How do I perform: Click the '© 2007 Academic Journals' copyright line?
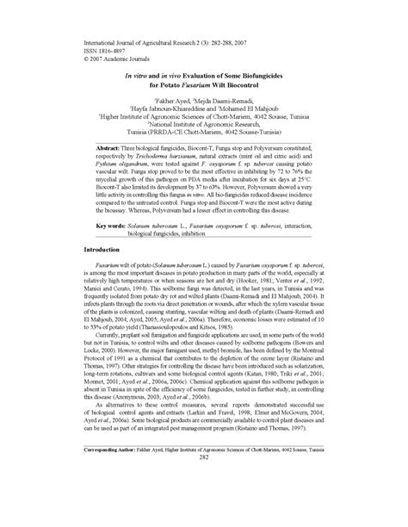[117, 58]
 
